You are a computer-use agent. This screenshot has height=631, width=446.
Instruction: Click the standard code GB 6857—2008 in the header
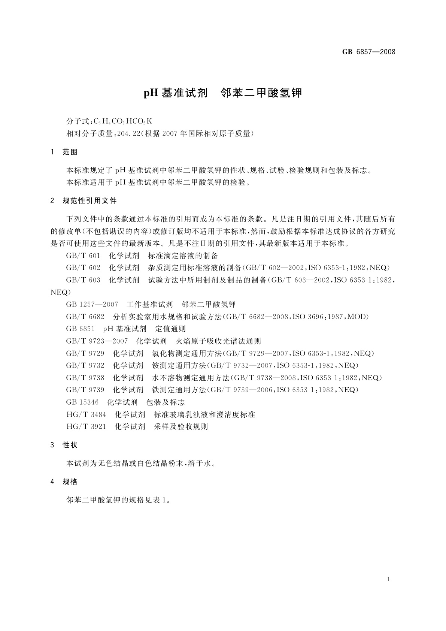pyautogui.click(x=368, y=52)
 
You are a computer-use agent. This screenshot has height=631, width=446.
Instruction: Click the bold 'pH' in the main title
pyautogui.click(x=151, y=93)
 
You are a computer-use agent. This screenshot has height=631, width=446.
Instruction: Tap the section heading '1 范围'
pyautogui.click(x=64, y=152)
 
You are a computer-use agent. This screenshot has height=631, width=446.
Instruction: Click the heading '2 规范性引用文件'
pyautogui.click(x=84, y=201)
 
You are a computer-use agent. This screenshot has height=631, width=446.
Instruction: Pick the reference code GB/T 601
pyautogui.click(x=83, y=256)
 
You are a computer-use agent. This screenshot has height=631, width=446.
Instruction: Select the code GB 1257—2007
pyautogui.click(x=92, y=304)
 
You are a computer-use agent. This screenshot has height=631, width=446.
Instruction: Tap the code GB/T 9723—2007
pyautogui.click(x=97, y=341)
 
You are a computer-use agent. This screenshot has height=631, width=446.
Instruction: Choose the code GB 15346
pyautogui.click(x=82, y=402)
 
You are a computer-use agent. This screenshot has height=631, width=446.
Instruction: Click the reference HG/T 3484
pyautogui.click(x=87, y=415)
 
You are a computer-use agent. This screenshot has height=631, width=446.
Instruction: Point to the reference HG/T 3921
pyautogui.click(x=87, y=427)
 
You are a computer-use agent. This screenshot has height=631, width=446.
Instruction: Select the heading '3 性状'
pyautogui.click(x=64, y=445)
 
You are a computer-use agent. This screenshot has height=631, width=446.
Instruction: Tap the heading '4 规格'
pyautogui.click(x=64, y=482)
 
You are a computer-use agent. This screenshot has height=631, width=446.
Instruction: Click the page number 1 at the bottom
pyautogui.click(x=389, y=579)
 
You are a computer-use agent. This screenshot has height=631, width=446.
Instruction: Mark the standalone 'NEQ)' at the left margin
pyautogui.click(x=60, y=292)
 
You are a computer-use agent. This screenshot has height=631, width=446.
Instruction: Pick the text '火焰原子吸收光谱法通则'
pyautogui.click(x=218, y=341)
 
